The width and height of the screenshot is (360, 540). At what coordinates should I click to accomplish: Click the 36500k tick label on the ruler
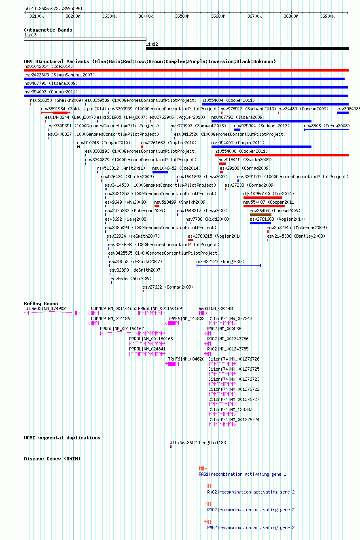coord(182,16)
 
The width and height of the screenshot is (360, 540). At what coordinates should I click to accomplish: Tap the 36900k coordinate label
coord(327,16)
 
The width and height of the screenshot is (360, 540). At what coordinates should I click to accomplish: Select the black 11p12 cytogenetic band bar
coord(247,49)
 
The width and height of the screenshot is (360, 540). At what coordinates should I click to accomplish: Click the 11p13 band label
coord(30,35)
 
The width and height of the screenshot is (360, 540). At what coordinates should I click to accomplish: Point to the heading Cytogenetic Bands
coord(48,30)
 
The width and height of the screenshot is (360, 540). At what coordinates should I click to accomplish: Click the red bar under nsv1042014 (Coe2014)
coord(186,70)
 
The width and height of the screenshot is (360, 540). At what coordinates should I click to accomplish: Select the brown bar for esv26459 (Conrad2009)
coord(260,215)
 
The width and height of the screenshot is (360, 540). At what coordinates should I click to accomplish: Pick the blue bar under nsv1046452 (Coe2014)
coord(160,172)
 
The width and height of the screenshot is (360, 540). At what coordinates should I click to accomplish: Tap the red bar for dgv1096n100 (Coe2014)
coord(263,198)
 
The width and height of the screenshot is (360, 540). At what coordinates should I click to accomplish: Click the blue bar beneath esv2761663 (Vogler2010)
coord(260,223)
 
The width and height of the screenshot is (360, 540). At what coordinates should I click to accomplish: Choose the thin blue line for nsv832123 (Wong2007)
coord(229,266)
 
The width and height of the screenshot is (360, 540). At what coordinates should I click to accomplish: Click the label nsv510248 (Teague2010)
coord(104,143)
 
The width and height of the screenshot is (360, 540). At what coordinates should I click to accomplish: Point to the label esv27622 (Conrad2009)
coord(168,287)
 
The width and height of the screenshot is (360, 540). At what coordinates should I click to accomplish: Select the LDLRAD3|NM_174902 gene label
coord(45,308)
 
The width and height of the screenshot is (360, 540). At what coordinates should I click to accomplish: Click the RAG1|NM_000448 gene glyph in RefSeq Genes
coord(203,313)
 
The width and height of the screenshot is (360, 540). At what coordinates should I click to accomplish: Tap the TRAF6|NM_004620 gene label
coord(186,359)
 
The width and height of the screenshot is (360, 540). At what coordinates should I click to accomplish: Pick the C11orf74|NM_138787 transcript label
coord(230,409)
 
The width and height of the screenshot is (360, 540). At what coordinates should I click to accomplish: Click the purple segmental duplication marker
coord(171,447)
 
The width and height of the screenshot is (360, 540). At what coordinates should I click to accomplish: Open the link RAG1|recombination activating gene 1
coord(242,474)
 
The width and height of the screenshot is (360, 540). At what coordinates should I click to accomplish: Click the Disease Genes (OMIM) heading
coord(52,459)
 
